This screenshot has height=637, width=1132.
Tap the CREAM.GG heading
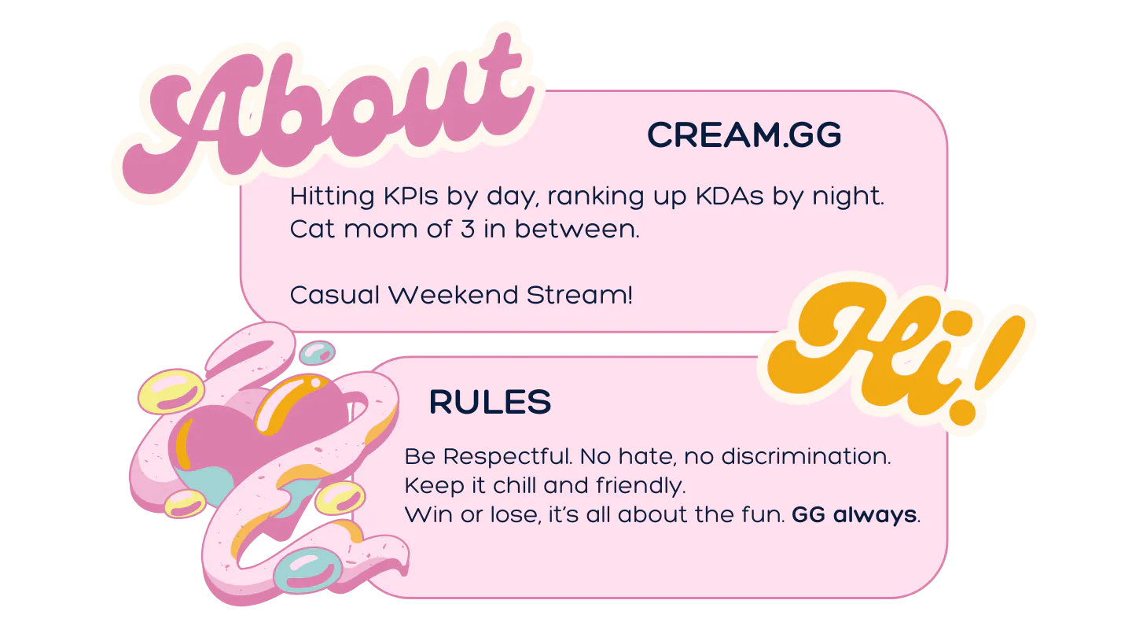(x=744, y=135)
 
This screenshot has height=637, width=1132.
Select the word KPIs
(x=410, y=196)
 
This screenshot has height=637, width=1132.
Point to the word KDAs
(x=730, y=196)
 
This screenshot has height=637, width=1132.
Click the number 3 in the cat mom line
(x=468, y=230)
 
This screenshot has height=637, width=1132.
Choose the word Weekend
(x=454, y=295)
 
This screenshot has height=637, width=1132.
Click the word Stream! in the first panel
(x=579, y=295)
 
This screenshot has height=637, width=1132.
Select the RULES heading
(x=490, y=403)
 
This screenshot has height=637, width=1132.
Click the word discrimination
(x=806, y=456)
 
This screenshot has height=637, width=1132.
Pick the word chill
(x=515, y=486)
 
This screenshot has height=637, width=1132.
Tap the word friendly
(x=641, y=486)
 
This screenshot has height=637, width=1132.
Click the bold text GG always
(x=854, y=515)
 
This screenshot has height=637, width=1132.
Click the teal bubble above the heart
(x=317, y=352)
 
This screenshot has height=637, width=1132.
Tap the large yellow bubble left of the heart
(x=171, y=390)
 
